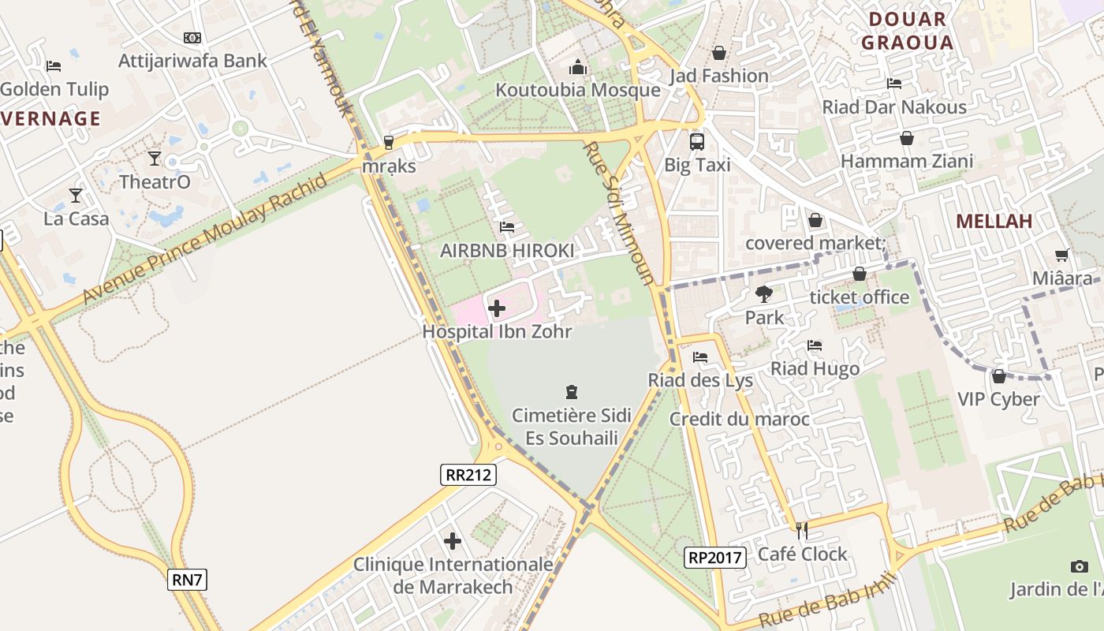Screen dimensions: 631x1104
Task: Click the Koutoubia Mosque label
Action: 577,90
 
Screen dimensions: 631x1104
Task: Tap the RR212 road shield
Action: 468,474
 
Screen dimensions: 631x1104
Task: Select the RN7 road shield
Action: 188,580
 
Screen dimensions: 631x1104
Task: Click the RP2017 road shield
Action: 715,558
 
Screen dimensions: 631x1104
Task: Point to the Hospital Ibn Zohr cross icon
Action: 497,308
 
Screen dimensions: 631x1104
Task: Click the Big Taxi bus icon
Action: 697,142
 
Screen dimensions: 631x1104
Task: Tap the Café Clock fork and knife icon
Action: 802,530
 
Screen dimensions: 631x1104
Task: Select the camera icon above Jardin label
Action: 1080,566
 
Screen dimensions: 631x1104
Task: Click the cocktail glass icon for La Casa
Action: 76,195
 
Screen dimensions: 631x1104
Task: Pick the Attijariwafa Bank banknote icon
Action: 192,38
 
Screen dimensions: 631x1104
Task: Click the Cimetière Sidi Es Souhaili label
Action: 571,426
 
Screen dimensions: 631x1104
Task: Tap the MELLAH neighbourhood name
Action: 994,222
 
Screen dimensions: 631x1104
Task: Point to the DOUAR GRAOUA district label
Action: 907,31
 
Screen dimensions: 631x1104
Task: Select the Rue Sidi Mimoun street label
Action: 619,213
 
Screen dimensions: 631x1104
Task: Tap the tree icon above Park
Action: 763,294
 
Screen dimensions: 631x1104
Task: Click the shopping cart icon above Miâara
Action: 1062,255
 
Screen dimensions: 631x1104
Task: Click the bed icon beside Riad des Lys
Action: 699,357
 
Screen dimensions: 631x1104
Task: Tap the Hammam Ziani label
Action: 907,161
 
